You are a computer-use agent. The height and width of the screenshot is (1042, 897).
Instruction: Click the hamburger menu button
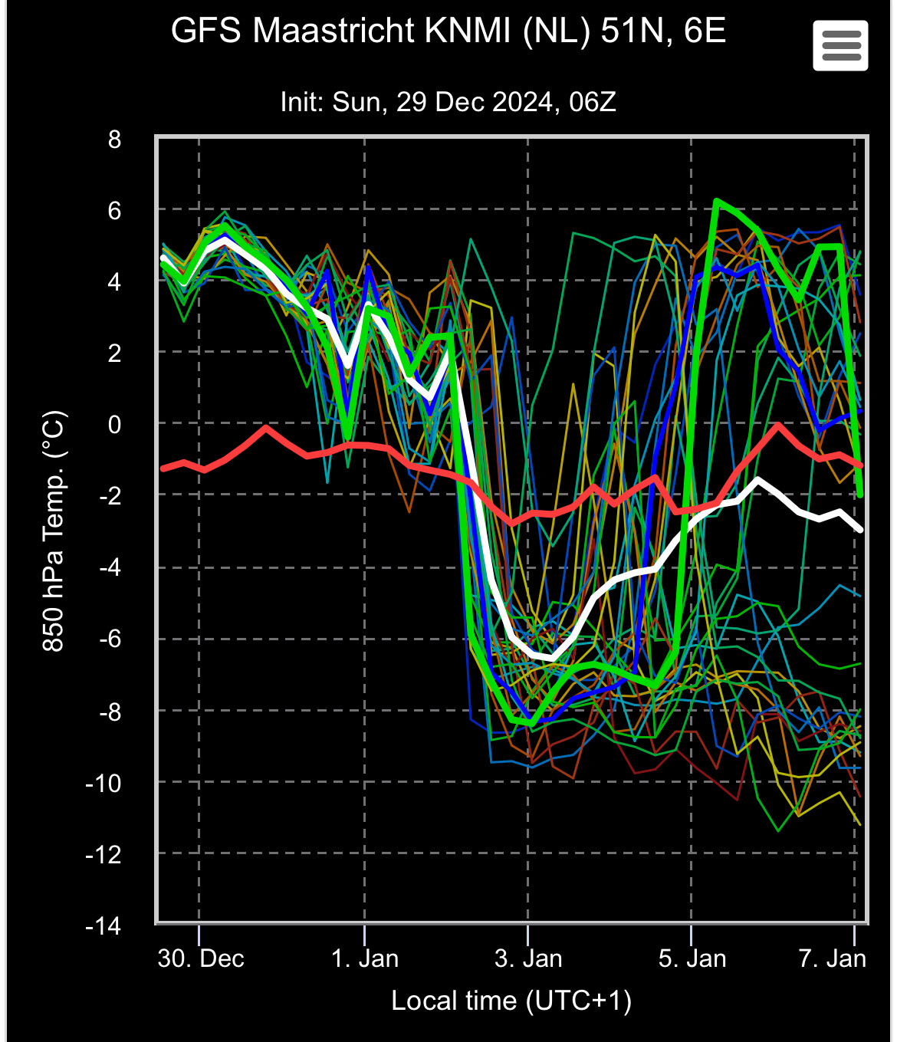[840, 46]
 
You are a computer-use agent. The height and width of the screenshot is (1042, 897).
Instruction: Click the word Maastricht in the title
[333, 30]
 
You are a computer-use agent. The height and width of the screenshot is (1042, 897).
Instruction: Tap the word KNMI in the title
[468, 30]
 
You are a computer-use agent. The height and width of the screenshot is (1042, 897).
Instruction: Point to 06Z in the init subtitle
[593, 102]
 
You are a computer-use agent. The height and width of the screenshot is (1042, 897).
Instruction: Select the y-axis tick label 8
[114, 139]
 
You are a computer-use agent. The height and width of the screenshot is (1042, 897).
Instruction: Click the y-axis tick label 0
[114, 425]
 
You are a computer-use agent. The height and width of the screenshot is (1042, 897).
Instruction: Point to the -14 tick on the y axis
[103, 926]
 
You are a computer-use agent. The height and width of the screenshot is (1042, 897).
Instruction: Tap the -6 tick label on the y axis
[110, 639]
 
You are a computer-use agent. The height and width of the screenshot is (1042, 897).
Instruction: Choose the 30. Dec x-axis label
[201, 958]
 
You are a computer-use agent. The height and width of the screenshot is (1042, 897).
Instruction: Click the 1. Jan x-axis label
[364, 958]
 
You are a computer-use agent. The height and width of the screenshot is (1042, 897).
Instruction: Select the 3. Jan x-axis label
[528, 958]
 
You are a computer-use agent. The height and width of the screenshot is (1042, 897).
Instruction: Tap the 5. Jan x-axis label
[692, 958]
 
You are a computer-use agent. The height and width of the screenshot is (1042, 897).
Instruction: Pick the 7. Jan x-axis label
[833, 958]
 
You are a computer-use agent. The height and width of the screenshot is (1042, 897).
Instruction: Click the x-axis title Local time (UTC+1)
[511, 1001]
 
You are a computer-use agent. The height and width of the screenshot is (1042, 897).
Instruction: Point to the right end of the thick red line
[861, 465]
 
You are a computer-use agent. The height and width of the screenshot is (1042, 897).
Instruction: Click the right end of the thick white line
[861, 529]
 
